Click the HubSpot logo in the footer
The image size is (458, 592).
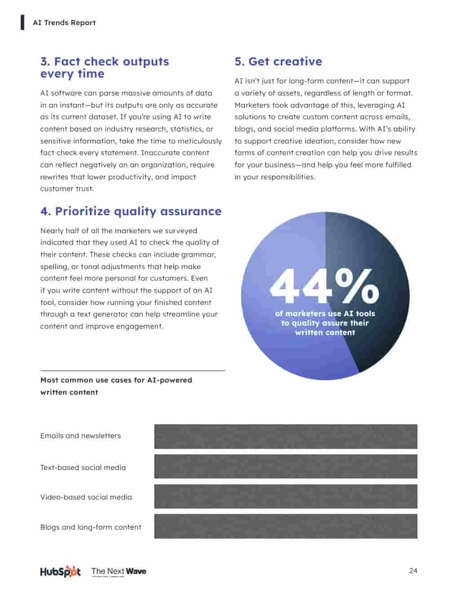pos(60,571)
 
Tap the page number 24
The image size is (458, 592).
pos(413,570)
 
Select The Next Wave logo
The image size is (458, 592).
pos(119,571)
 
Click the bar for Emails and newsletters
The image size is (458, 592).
pos(286,436)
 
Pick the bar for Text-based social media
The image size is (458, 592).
pos(286,466)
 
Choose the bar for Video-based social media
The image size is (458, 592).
pos(286,496)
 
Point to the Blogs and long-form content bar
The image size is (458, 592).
pos(286,527)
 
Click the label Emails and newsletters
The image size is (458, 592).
pos(80,435)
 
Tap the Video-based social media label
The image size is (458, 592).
pos(86,497)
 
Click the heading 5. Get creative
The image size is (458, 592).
pos(278,61)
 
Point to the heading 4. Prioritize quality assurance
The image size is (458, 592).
pos(131,211)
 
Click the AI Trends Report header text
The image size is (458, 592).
pos(64,22)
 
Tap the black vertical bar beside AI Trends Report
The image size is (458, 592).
pos(22,22)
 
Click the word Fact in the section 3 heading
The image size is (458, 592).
pos(67,61)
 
